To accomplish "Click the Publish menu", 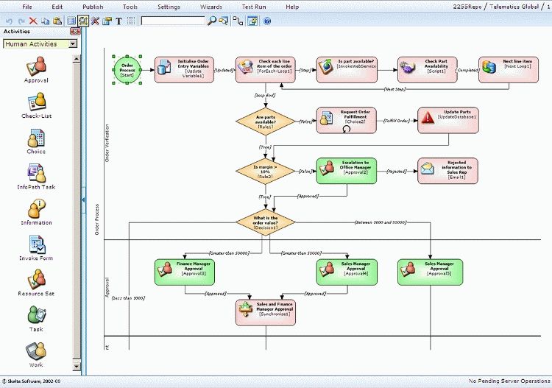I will click(x=93, y=7).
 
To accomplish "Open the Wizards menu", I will click(x=210, y=7).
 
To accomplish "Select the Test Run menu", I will click(x=254, y=7).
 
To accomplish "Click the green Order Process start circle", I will click(x=127, y=70).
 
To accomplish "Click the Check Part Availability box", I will click(x=425, y=70).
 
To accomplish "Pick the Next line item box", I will click(x=506, y=70).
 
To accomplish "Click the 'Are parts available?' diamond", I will click(x=265, y=121).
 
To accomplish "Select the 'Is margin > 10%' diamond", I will click(x=265, y=171).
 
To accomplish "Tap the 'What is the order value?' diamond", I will click(x=265, y=221).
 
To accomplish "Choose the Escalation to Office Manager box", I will click(x=346, y=170).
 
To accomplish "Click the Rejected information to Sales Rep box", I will click(x=447, y=170).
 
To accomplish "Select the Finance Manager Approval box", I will click(x=184, y=271).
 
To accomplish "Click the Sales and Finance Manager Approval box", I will click(x=265, y=311).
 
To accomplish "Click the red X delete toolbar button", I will click(x=33, y=21).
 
